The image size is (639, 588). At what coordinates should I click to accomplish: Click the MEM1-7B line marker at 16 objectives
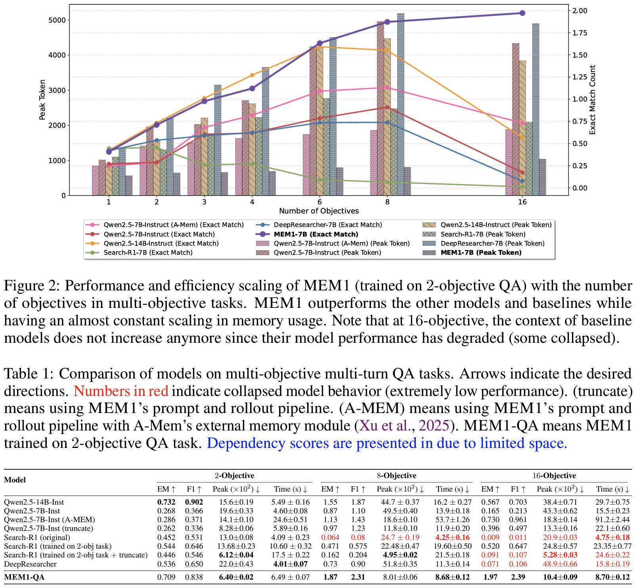522,13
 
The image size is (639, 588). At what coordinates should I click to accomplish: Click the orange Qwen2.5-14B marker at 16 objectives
522,138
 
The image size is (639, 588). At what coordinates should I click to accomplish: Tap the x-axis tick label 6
319,202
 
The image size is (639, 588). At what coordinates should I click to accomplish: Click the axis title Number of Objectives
319,211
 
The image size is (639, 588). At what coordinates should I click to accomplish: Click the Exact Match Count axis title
593,100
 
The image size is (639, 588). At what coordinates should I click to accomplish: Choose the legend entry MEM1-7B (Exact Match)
316,234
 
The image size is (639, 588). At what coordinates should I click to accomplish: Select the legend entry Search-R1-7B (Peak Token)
483,234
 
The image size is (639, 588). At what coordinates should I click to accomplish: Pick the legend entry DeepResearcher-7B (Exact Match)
327,225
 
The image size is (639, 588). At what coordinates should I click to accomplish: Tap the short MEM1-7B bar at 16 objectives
542,177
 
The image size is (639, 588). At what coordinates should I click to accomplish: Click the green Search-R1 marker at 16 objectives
522,186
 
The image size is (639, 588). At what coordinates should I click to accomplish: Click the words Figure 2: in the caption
30,286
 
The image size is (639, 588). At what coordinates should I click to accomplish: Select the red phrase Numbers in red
121,391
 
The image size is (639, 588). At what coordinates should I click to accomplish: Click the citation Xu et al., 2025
404,426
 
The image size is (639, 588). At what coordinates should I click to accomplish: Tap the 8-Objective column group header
396,476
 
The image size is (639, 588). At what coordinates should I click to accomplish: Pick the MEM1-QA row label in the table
24,577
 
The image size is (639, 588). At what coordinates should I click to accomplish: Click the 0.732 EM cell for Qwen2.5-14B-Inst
166,502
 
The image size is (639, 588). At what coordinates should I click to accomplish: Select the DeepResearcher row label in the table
30,564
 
